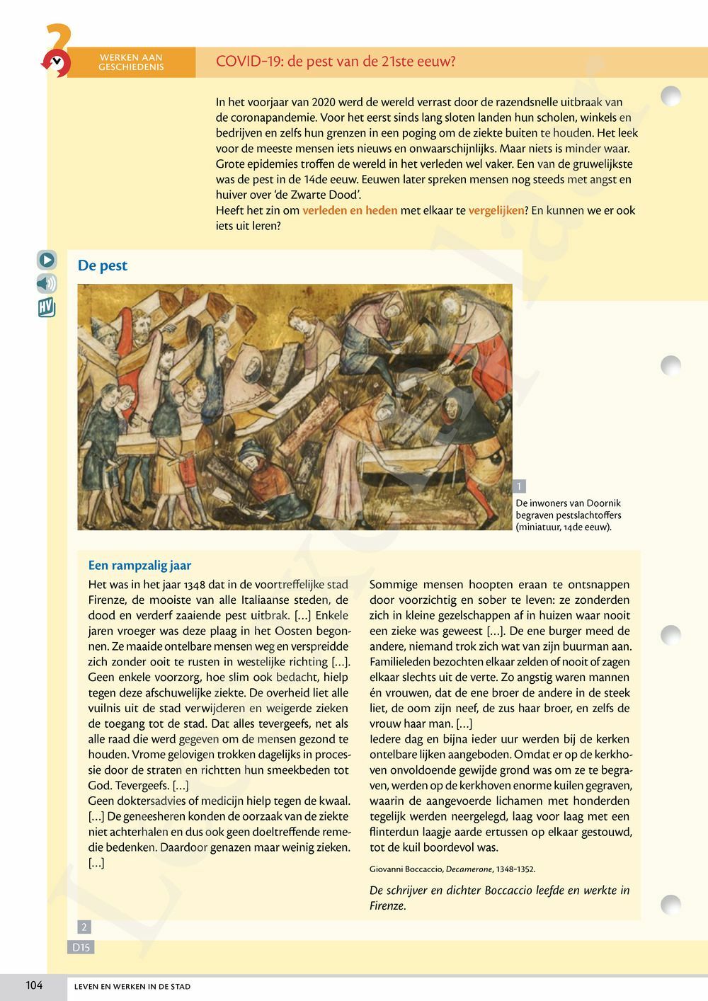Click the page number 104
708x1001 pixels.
[x=34, y=985]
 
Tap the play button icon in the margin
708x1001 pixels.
[x=47, y=260]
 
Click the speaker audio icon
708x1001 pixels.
[x=47, y=284]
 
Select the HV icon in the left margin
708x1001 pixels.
[x=47, y=308]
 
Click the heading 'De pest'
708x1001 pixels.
[x=103, y=265]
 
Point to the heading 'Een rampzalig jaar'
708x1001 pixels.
[x=139, y=565]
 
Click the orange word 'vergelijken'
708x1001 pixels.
[x=497, y=210]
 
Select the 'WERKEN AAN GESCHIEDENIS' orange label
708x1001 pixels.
[x=132, y=62]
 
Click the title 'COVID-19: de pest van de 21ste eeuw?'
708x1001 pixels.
[x=336, y=62]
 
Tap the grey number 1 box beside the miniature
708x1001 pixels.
[x=520, y=486]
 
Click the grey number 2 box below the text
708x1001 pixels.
[x=84, y=927]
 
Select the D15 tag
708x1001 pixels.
[x=81, y=946]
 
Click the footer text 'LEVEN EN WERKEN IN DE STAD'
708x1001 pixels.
[x=132, y=986]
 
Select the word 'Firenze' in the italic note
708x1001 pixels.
[x=387, y=905]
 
